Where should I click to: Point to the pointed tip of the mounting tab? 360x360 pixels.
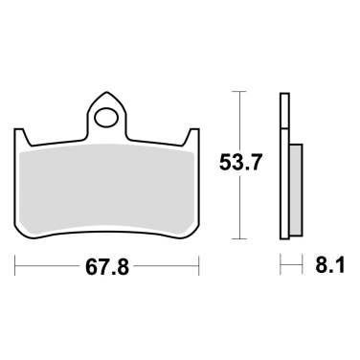tap(106, 94)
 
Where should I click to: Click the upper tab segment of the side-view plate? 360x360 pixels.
tap(284, 110)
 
